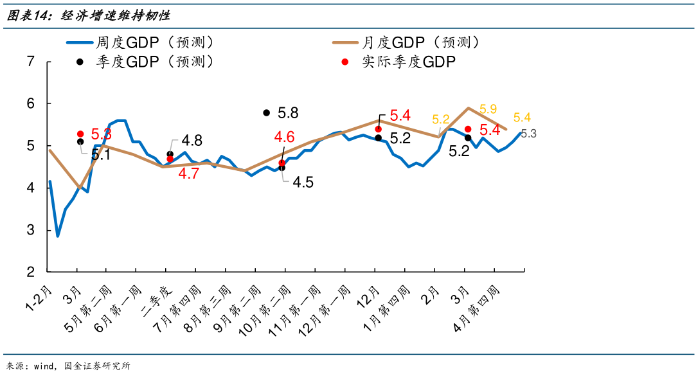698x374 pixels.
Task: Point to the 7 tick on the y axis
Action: (30, 62)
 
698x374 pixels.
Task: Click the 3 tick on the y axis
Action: (30, 230)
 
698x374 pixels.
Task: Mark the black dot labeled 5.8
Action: (267, 112)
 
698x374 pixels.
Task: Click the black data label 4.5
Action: (303, 183)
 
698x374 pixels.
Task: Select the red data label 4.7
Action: (188, 174)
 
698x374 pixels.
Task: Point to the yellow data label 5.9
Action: (488, 109)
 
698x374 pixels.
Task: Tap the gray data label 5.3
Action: (528, 134)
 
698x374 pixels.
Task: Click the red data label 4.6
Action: (284, 136)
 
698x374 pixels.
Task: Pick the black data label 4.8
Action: (192, 141)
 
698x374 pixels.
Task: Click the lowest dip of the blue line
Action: (58, 236)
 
